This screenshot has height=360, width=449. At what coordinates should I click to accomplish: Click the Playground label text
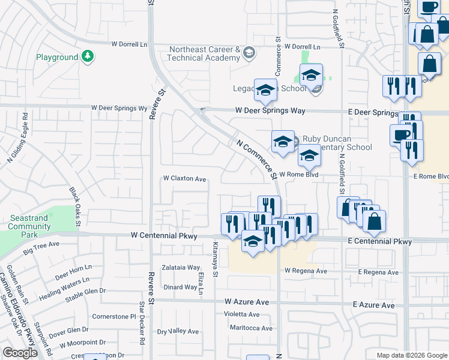pos(57,57)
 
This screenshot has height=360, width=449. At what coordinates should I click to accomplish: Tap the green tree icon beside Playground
pos(88,56)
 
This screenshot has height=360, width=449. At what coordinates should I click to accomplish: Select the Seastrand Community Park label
pos(29,223)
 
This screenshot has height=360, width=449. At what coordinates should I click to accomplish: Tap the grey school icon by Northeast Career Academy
pos(248,55)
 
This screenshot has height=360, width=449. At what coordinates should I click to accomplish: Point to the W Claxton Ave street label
pos(185,179)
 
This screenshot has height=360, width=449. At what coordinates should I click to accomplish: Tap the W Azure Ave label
pos(247,301)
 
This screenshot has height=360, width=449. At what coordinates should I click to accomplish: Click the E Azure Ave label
pos(374,305)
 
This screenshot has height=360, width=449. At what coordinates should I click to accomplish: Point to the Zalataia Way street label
pos(181,268)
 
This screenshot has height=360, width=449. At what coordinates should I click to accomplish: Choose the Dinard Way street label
pos(180,287)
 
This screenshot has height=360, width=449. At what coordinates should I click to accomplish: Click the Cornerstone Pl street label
pos(118,316)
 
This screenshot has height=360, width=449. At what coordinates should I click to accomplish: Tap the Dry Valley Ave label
pos(177,331)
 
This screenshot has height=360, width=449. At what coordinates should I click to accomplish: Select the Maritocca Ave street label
pos(252,328)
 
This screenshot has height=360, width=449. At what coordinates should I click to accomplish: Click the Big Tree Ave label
pos(41,245)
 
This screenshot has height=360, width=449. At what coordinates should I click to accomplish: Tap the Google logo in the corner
pos(20,353)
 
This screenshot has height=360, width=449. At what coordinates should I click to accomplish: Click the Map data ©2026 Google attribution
pos(412,355)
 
